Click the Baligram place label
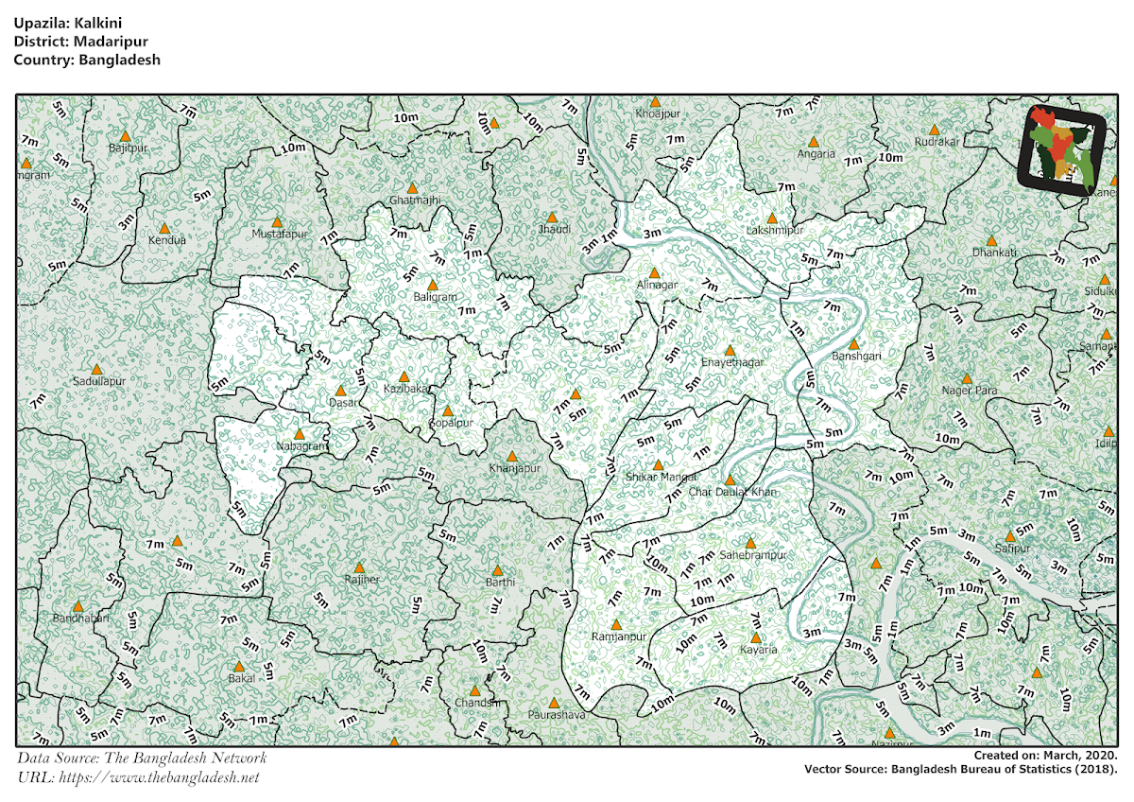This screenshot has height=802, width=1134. (435, 297)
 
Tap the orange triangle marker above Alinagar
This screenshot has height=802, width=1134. (654, 272)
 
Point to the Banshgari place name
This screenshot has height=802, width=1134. (856, 357)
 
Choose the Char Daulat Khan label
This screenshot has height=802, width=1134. (732, 492)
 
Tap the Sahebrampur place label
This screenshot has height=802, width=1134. (752, 555)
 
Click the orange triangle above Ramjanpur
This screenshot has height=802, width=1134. (616, 624)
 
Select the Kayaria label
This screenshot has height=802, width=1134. (758, 650)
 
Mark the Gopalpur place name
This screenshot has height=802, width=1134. (450, 423)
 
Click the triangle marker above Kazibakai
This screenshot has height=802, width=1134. (404, 376)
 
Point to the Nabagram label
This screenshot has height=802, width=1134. (301, 445)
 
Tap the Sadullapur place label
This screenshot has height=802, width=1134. (98, 380)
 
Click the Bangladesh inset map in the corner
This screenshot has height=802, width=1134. (1063, 148)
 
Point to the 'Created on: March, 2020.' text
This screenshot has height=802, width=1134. (1046, 756)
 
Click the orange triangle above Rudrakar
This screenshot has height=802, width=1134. (934, 130)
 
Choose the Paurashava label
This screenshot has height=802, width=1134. (557, 715)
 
